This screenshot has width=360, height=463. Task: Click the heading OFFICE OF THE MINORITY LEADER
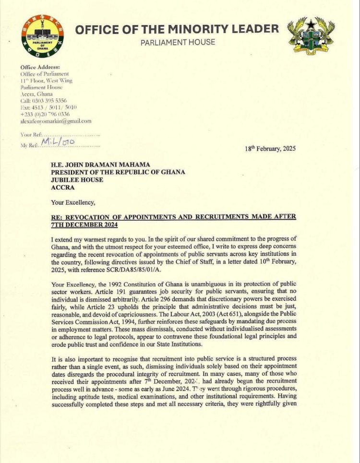(177, 29)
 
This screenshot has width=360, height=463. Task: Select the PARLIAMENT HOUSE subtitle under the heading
(178, 43)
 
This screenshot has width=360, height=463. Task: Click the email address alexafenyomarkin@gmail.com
(56, 121)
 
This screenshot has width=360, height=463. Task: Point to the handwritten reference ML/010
(56, 142)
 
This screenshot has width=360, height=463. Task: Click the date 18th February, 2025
(270, 148)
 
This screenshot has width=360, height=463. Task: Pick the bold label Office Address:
(40, 67)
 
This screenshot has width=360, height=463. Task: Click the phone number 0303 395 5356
(51, 101)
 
